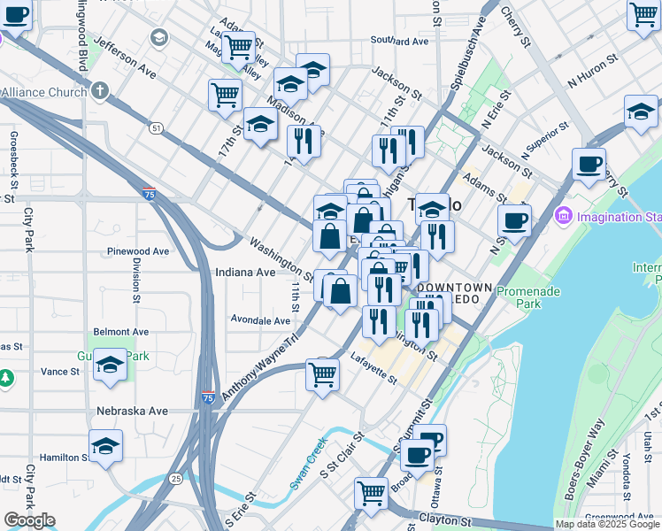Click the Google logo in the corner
click(x=29, y=520)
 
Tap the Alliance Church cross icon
click(x=99, y=91)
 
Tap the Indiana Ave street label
click(x=245, y=273)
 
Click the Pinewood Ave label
click(x=136, y=251)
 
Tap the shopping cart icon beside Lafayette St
click(x=323, y=373)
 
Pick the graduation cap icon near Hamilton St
click(x=105, y=447)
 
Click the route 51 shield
click(x=156, y=128)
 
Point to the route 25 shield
click(x=176, y=479)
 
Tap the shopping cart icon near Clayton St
click(x=371, y=492)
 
